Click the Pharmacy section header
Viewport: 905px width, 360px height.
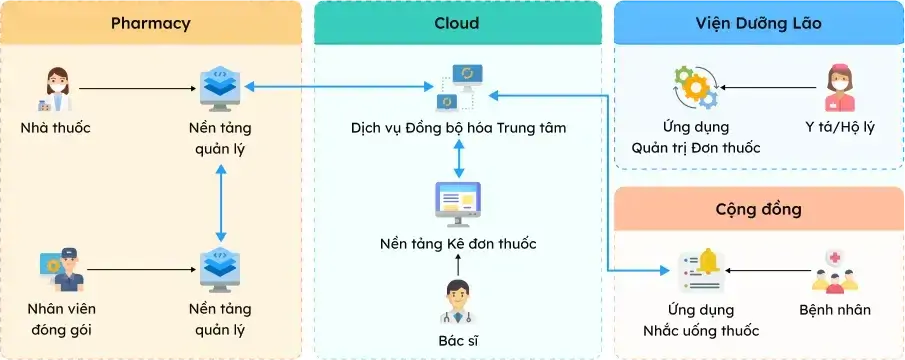[151, 23]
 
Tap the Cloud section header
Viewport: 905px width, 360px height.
[457, 23]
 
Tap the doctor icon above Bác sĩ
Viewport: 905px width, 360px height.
[457, 302]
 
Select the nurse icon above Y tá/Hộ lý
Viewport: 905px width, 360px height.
[839, 88]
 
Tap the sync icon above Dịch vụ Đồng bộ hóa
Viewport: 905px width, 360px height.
[458, 87]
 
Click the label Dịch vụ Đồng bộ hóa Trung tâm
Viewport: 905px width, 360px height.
[458, 129]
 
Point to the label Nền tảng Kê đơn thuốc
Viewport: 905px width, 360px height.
[458, 244]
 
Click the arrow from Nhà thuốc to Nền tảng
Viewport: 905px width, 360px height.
[135, 89]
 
